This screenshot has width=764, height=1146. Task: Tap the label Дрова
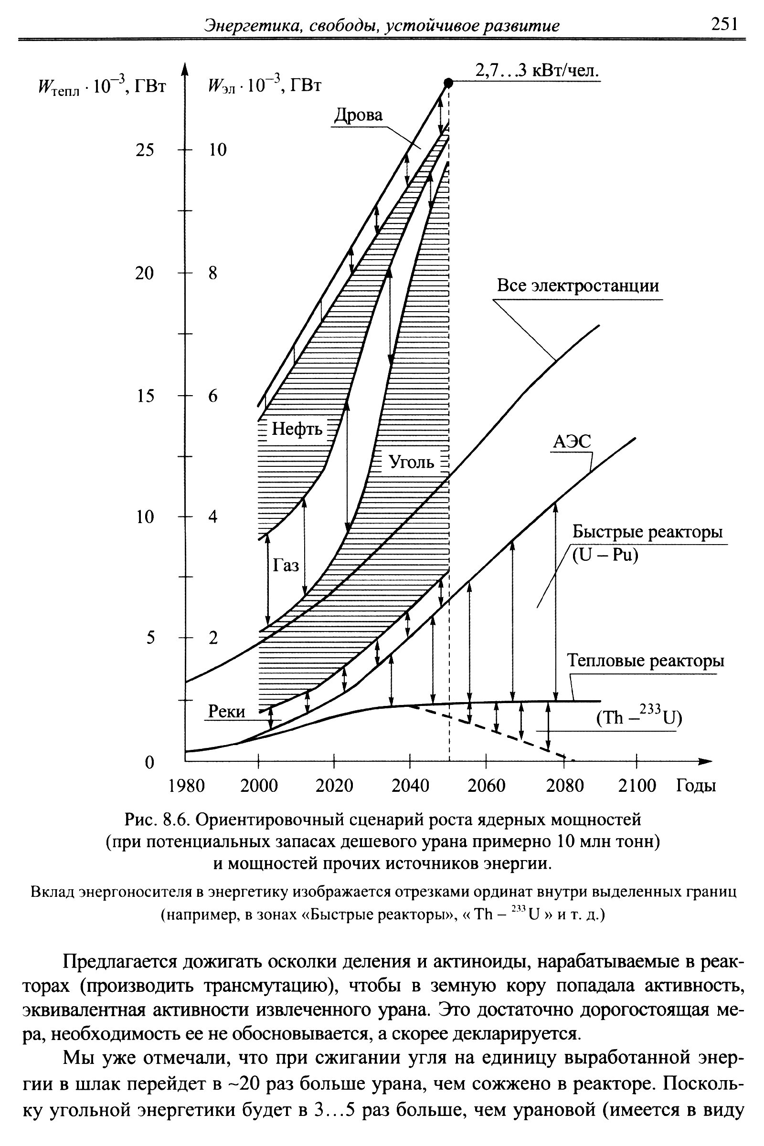pyautogui.click(x=358, y=116)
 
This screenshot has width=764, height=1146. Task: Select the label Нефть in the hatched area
pyautogui.click(x=297, y=429)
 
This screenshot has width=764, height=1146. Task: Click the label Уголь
pyautogui.click(x=412, y=461)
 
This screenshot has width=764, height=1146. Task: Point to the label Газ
pyautogui.click(x=286, y=566)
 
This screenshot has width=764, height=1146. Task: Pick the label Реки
pyautogui.click(x=226, y=712)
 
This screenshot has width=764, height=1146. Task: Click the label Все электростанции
pyautogui.click(x=577, y=285)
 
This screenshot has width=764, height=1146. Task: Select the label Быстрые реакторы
pyautogui.click(x=647, y=531)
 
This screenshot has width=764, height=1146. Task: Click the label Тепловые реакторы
pyautogui.click(x=646, y=661)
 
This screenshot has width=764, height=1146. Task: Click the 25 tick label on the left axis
pyautogui.click(x=144, y=149)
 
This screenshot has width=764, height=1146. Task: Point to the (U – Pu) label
pyautogui.click(x=605, y=555)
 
